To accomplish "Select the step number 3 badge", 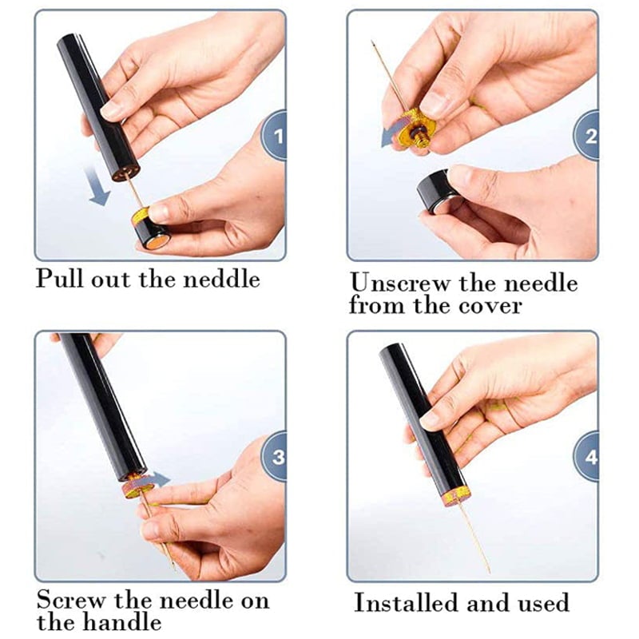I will [277, 457].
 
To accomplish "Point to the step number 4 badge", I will [589, 457].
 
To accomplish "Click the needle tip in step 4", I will [489, 570].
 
